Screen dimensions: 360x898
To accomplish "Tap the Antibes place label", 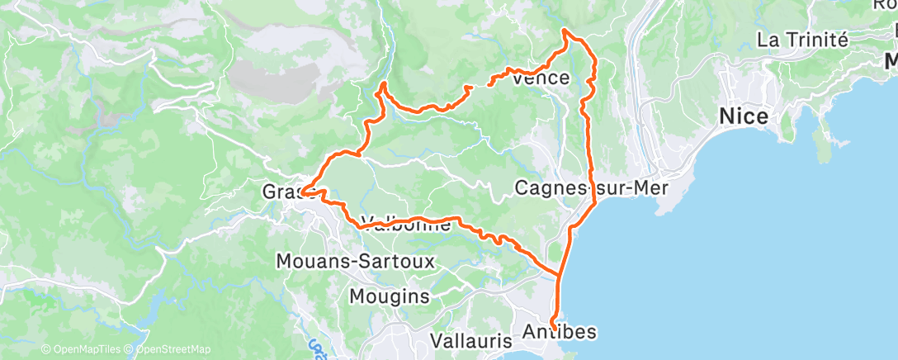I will (x=560, y=332).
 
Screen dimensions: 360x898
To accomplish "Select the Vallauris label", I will (x=466, y=340).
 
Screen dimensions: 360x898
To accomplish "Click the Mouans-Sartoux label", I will (x=343, y=261).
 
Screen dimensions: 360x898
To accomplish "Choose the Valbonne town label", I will (x=405, y=224).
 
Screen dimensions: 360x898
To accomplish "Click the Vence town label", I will (x=541, y=78).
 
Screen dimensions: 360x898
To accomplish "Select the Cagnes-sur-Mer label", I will (x=592, y=187).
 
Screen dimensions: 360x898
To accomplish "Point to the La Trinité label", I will (x=802, y=39).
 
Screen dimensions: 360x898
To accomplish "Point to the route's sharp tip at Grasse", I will (x=302, y=192).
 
